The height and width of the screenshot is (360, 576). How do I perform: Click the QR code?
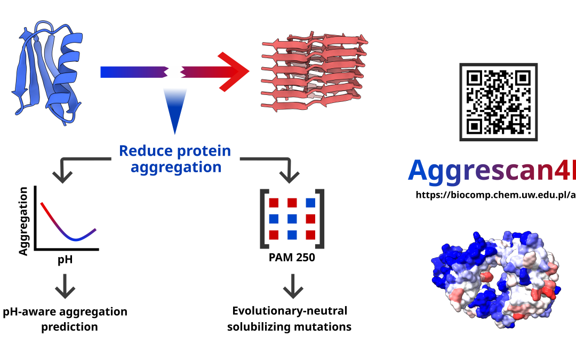pyautogui.click(x=498, y=102)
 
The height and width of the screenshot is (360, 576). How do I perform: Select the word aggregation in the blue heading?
pyautogui.click(x=176, y=167)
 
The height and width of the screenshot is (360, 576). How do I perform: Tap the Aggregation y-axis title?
pyautogui.click(x=23, y=221)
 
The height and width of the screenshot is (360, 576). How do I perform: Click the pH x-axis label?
pyautogui.click(x=65, y=261)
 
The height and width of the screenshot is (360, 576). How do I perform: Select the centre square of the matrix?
pyautogui.click(x=292, y=218)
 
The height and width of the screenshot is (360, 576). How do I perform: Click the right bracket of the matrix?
pyautogui.click(x=319, y=218)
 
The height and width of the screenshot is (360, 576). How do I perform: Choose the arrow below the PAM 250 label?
pyautogui.click(x=292, y=286)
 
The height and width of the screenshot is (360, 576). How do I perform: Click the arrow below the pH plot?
pyautogui.click(x=65, y=286)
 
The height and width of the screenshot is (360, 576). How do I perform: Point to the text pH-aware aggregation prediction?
pyautogui.click(x=65, y=319)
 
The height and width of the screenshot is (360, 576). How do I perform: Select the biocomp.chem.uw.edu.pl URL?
pyautogui.click(x=496, y=195)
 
